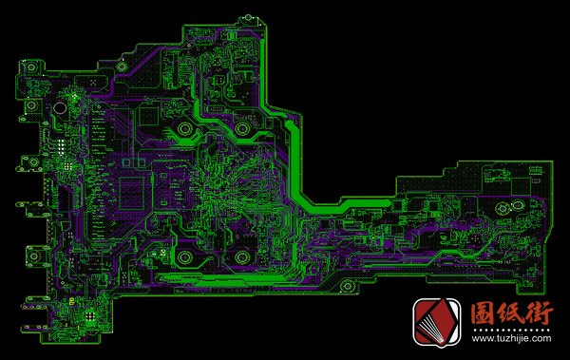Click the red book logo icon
(x=436, y=322)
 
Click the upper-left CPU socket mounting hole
(x=182, y=129)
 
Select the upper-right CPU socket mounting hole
(x=242, y=127)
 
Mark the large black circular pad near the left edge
(x=59, y=107)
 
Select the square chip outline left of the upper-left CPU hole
(x=150, y=116)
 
